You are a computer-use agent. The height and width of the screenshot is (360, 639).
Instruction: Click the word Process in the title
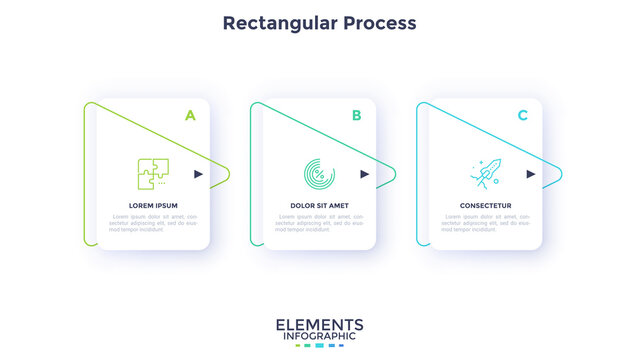378,22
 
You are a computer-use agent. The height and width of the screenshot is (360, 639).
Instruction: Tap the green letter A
190,115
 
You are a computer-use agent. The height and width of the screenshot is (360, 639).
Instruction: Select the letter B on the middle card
356,115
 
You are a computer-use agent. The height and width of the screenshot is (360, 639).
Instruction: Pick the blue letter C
522,115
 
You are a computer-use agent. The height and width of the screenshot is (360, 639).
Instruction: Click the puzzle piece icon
153,174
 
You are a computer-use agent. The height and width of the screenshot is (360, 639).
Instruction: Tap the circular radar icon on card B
319,174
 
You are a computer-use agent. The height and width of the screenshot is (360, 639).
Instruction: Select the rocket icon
485,173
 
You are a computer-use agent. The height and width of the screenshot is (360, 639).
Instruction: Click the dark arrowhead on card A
199,174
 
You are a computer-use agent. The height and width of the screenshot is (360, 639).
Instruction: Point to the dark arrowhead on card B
365,174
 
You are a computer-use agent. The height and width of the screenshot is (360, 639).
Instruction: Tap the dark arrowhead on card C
531,174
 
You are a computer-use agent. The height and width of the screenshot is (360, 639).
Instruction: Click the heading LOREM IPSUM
153,205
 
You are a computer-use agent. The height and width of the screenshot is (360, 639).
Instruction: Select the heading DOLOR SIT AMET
319,205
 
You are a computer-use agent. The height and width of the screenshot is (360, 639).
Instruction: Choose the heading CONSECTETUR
485,205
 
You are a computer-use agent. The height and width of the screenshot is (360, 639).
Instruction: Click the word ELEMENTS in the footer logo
319,325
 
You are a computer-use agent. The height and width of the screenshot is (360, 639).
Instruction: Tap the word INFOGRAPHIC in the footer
319,337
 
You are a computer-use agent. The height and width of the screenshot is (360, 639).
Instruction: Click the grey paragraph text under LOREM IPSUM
153,222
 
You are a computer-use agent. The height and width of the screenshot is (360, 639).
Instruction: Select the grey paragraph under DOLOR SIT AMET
319,222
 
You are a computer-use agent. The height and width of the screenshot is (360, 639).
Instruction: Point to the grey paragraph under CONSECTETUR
485,222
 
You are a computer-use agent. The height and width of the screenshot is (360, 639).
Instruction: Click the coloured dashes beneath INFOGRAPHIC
319,346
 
